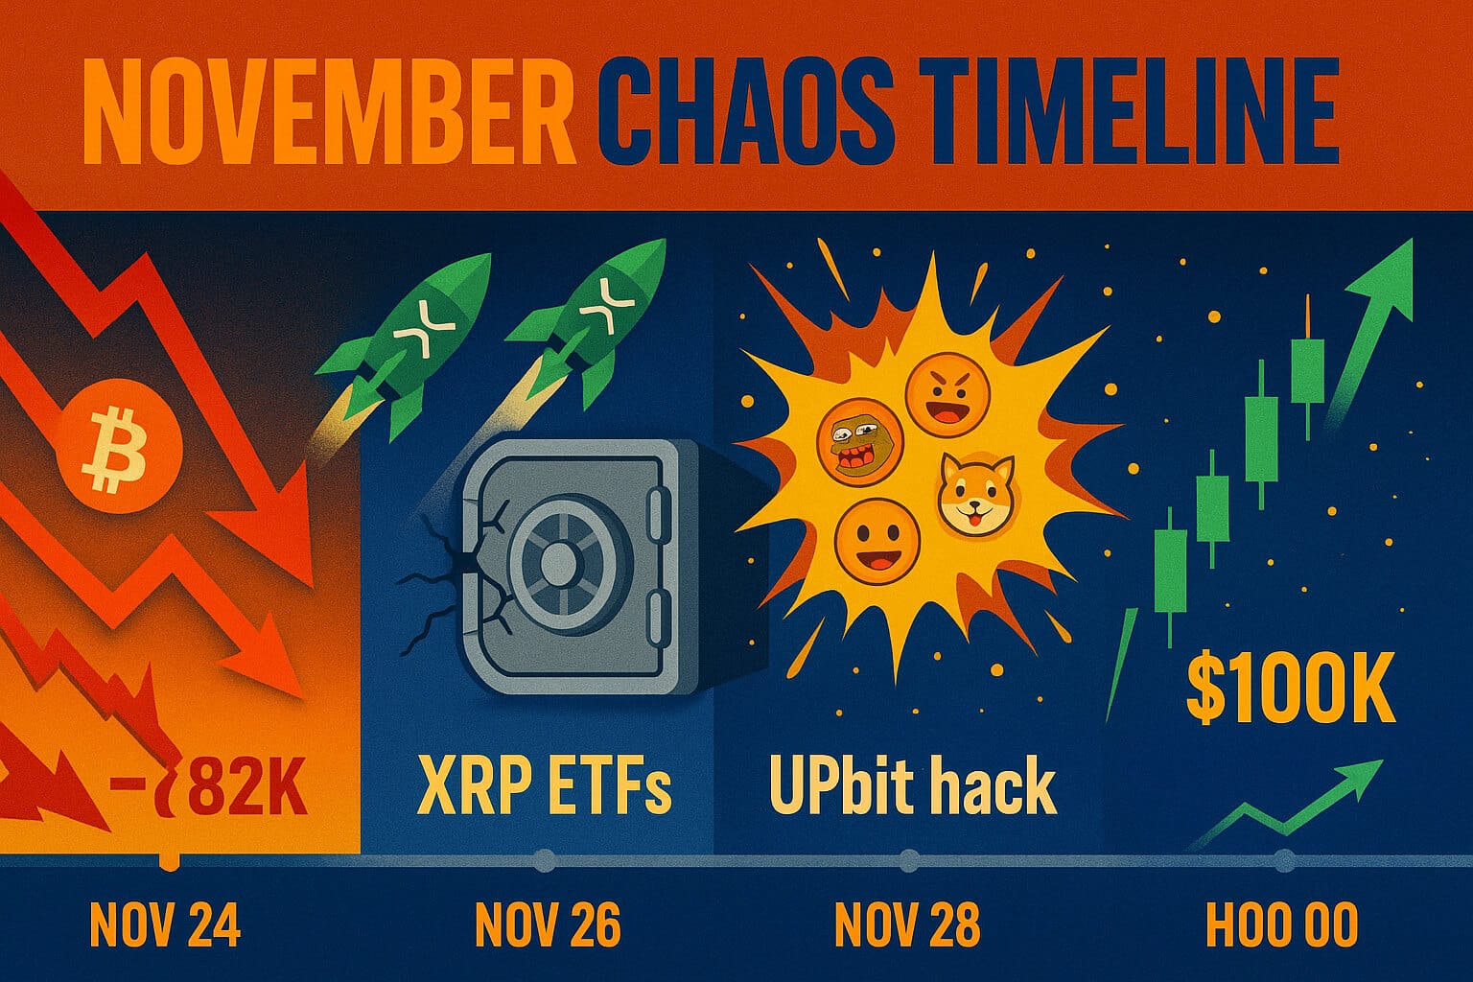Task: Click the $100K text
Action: [1290, 689]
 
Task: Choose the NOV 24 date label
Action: [164, 925]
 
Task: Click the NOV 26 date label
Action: [548, 925]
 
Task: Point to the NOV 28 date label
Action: [907, 925]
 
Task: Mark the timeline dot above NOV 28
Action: [908, 860]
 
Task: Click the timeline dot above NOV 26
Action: [544, 860]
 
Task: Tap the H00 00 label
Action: [1281, 925]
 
